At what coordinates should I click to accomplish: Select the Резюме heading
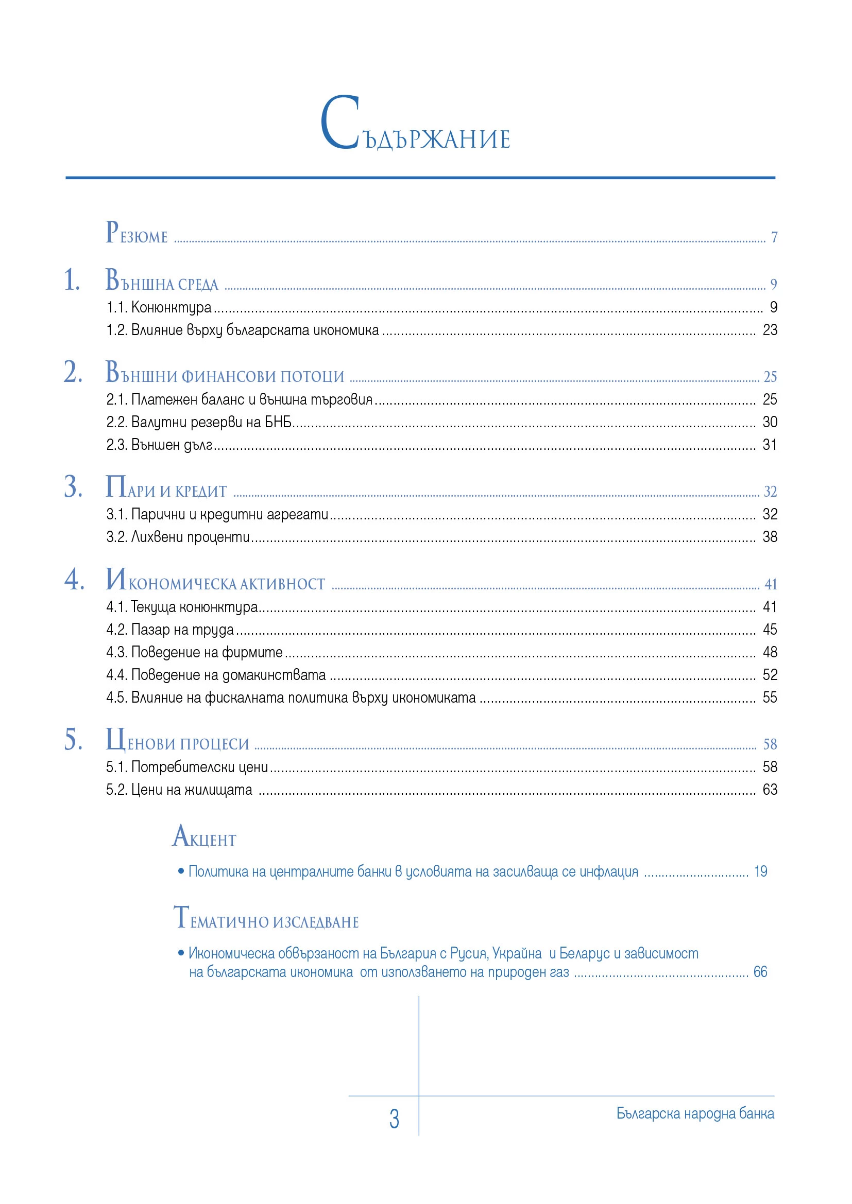click(x=137, y=233)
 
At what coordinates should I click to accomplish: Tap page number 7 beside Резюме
click(x=774, y=237)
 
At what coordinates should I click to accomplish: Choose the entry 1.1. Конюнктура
click(x=159, y=307)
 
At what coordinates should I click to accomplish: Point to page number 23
click(x=770, y=330)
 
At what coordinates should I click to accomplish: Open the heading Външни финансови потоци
click(x=225, y=373)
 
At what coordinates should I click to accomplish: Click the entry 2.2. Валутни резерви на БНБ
click(x=199, y=422)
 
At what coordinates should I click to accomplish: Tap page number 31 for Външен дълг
click(x=770, y=445)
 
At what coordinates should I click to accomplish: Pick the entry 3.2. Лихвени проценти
click(x=178, y=537)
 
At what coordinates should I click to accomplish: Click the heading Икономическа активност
click(x=215, y=581)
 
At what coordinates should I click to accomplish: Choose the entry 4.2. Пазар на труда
click(x=170, y=630)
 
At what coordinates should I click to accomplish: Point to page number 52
click(x=770, y=675)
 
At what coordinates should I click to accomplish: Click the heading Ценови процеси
click(x=177, y=741)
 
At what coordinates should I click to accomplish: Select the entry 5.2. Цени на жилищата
click(x=179, y=790)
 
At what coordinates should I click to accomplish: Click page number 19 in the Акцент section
click(x=760, y=871)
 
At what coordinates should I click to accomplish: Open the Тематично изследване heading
click(x=266, y=919)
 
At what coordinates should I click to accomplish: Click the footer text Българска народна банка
click(x=695, y=1113)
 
